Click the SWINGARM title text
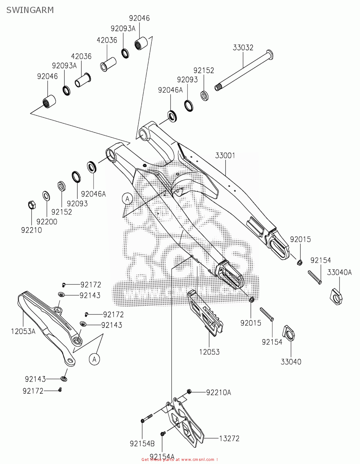click(30, 10)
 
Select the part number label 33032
click(243, 48)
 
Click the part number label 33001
click(225, 156)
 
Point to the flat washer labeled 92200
click(46, 195)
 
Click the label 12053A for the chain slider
click(23, 331)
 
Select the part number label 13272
click(229, 438)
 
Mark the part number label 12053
click(209, 352)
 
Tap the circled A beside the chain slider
click(95, 359)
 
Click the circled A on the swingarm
click(127, 199)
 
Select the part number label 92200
click(47, 221)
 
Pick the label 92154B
click(142, 444)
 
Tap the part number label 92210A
click(219, 393)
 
